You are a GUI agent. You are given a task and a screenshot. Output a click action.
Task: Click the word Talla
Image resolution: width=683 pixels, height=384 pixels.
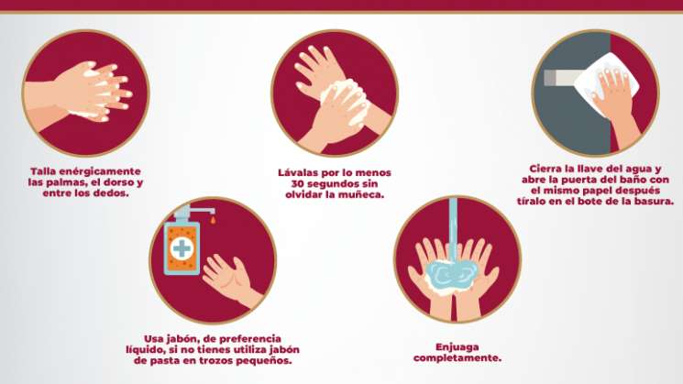click(43, 171)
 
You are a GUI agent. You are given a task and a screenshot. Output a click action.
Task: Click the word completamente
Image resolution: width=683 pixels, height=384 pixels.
click(457, 357)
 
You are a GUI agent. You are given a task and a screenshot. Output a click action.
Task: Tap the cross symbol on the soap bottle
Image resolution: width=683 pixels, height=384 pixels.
click(182, 248)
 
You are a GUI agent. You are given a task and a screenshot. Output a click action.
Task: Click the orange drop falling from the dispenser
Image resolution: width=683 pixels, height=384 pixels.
click(213, 220)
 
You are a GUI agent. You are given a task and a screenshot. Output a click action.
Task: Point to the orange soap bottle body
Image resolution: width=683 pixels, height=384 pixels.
click(182, 248)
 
